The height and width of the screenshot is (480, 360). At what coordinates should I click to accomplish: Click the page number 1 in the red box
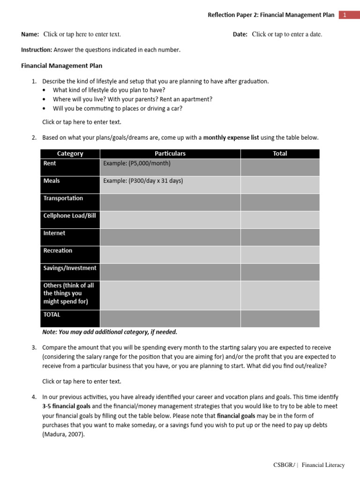pos(344,15)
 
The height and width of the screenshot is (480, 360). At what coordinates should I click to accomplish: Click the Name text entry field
pos(82,34)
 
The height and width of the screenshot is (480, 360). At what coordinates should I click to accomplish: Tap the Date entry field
pos(287,34)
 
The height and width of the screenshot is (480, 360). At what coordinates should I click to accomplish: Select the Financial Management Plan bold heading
pos(62,66)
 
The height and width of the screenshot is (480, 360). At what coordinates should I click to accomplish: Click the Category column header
pos(70,154)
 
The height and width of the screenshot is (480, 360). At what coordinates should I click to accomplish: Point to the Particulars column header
pos(170,154)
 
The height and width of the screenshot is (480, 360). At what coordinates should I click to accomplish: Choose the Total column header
pos(280,154)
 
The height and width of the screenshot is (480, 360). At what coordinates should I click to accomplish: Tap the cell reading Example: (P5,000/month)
pos(137,164)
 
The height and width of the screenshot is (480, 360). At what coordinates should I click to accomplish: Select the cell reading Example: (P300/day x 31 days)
pos(143,181)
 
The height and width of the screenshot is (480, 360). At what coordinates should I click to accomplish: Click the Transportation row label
pos(63,198)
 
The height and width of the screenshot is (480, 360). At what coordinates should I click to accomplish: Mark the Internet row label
pos(54,233)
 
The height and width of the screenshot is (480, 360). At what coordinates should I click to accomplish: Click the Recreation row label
pos(58,251)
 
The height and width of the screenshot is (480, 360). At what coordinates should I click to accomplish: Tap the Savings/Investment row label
pos(70,268)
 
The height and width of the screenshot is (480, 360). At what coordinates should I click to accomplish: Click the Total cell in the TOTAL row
pos(280,318)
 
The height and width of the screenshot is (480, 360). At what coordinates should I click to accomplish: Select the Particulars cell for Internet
pos(170,237)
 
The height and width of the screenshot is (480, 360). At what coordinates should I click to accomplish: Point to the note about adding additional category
pos(110,332)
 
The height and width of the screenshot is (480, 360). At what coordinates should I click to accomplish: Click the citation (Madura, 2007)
pos(64,434)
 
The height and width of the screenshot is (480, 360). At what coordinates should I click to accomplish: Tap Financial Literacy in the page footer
pos(323,465)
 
